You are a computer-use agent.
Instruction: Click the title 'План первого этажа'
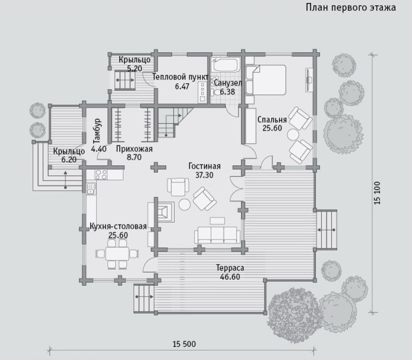(x=351, y=8)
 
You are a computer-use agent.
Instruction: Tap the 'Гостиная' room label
(x=204, y=166)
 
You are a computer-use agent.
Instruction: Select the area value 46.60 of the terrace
(x=230, y=277)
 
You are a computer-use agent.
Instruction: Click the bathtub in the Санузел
(x=226, y=64)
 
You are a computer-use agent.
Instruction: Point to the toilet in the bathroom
(x=215, y=92)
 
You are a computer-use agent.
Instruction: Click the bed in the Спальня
(x=265, y=80)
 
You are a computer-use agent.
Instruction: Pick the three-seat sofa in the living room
(x=217, y=235)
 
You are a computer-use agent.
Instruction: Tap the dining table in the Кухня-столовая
(x=117, y=254)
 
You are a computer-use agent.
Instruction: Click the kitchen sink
(x=91, y=189)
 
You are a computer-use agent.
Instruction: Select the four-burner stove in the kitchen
(x=101, y=175)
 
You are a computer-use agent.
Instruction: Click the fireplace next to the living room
(x=165, y=212)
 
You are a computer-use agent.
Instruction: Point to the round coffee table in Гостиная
(x=185, y=204)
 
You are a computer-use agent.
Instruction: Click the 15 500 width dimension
(x=184, y=344)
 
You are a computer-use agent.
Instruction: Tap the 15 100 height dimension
(x=377, y=193)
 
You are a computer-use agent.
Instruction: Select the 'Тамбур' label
(x=97, y=131)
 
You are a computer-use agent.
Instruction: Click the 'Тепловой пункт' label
(x=180, y=77)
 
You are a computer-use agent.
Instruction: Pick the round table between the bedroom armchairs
(x=293, y=135)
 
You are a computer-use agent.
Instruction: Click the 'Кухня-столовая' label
(x=118, y=226)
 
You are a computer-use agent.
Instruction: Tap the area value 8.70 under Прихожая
(x=134, y=157)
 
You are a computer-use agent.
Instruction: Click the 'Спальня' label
(x=272, y=119)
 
